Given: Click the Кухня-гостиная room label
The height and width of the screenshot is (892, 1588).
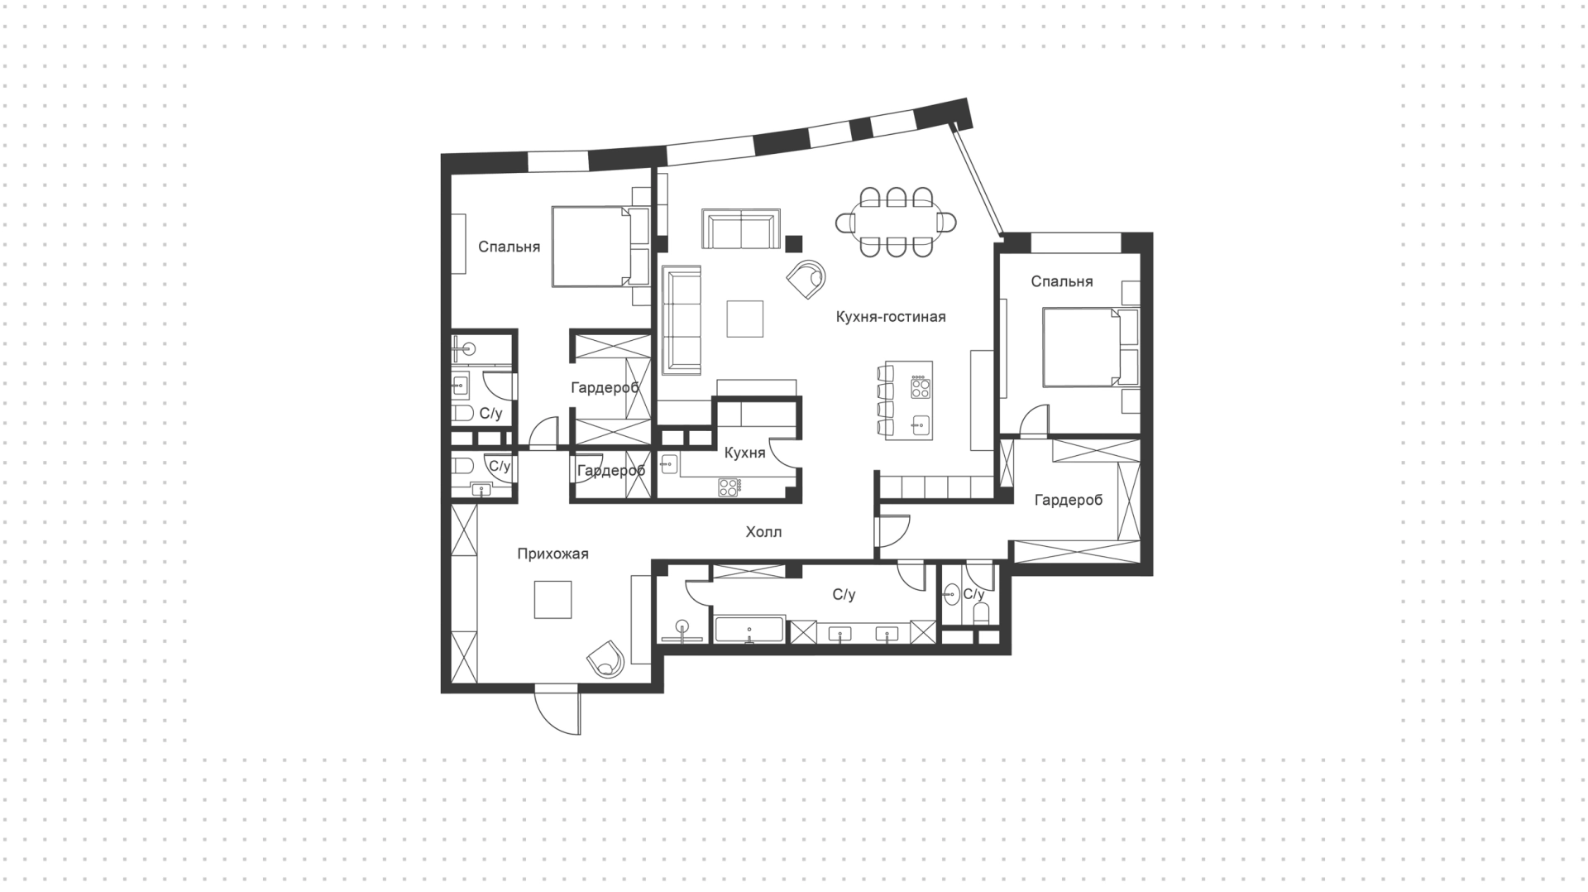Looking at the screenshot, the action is point(890,317).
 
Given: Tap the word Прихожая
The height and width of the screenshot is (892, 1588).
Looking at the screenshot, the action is point(552,554).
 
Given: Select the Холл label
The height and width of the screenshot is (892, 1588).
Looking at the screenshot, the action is point(763,532).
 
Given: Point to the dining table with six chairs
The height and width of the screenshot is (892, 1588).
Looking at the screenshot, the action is point(897,222).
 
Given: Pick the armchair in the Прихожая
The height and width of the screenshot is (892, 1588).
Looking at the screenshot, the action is point(606,658).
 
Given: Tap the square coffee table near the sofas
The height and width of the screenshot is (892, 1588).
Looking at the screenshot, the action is point(745,319).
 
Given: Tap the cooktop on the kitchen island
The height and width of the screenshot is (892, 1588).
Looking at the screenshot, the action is point(919,387).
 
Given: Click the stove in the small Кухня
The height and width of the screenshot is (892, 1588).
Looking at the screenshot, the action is point(728,487).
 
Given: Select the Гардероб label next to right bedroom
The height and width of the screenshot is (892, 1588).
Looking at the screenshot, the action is point(1068,500).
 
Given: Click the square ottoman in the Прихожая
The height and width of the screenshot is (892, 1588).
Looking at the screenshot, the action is point(552,600).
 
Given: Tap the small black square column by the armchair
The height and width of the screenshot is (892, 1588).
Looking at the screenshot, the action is point(794,243).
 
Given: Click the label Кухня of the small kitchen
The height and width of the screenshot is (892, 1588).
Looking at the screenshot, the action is point(744,453).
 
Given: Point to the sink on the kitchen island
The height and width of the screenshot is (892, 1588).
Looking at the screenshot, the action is point(919,425).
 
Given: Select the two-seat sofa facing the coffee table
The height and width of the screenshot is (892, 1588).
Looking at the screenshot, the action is point(741,228).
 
